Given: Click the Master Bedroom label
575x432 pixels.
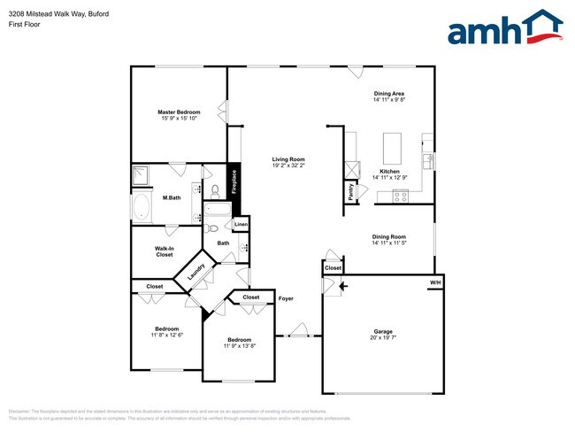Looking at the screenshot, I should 179,112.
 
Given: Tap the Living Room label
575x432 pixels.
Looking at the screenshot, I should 288,159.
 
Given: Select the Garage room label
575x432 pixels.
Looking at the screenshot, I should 381,331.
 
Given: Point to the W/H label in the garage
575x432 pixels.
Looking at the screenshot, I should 434,283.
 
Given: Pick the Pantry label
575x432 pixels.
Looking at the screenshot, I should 351,193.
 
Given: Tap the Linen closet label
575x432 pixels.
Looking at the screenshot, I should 241,226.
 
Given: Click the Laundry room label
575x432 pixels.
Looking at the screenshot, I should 196,272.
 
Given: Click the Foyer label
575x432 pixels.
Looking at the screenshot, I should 286,298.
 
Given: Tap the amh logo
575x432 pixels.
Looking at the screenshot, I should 504,28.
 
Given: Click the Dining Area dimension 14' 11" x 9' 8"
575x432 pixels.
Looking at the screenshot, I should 389,100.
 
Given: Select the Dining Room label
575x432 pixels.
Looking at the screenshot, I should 389,236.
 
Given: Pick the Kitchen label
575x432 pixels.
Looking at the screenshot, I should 389,171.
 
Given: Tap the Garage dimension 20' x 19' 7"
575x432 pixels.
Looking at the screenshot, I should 382,337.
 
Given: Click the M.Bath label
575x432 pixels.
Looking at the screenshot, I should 172,197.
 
